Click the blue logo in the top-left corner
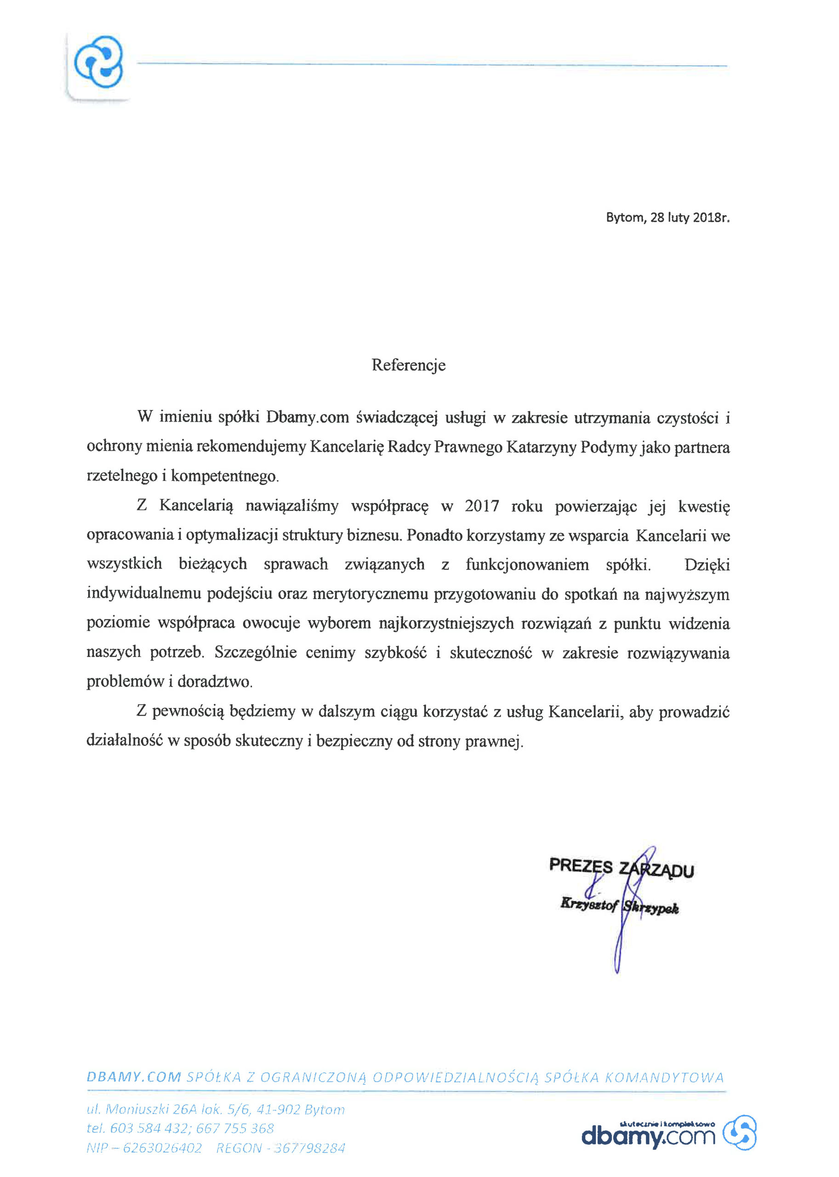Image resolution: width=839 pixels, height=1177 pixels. pyautogui.click(x=99, y=62)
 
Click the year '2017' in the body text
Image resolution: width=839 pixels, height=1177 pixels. pyautogui.click(x=482, y=505)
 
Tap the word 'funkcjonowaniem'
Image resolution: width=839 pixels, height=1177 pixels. pyautogui.click(x=527, y=564)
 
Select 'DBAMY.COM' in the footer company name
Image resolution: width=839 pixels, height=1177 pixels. pyautogui.click(x=134, y=1077)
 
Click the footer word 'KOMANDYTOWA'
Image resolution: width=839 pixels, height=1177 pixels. pyautogui.click(x=664, y=1077)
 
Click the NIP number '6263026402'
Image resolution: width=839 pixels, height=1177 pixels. pyautogui.click(x=162, y=1148)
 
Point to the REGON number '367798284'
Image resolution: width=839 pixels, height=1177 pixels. pyautogui.click(x=309, y=1148)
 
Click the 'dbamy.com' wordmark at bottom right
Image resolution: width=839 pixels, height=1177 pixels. pyautogui.click(x=648, y=1136)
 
